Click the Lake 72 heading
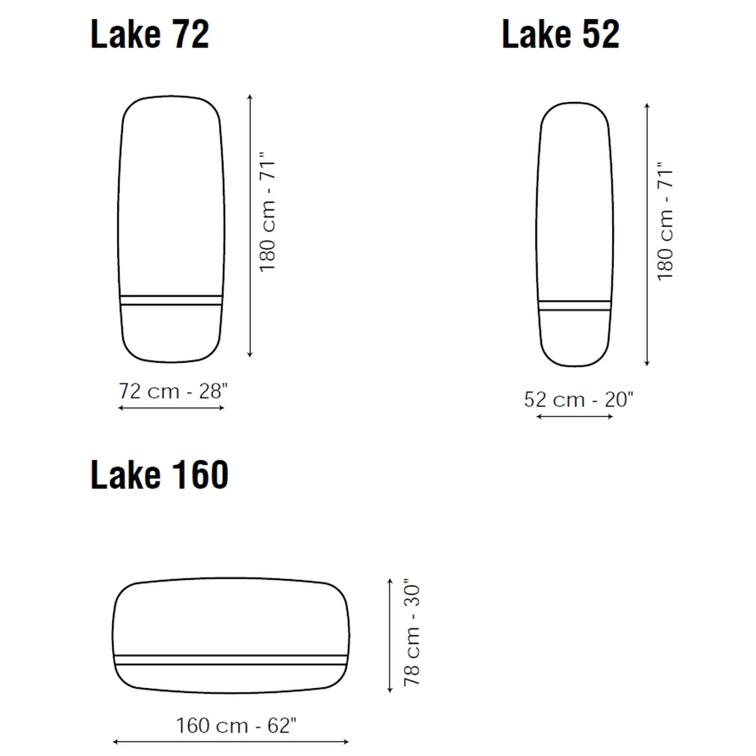tap(150, 34)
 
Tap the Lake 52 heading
tap(561, 34)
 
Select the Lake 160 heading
tap(160, 475)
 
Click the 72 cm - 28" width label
tap(173, 391)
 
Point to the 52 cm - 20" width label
tap(578, 399)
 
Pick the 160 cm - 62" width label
tap(236, 725)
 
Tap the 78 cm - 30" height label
tap(412, 632)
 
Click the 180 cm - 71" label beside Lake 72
tap(268, 212)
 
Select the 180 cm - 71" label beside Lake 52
tap(665, 221)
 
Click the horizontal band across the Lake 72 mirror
tap(171, 300)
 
